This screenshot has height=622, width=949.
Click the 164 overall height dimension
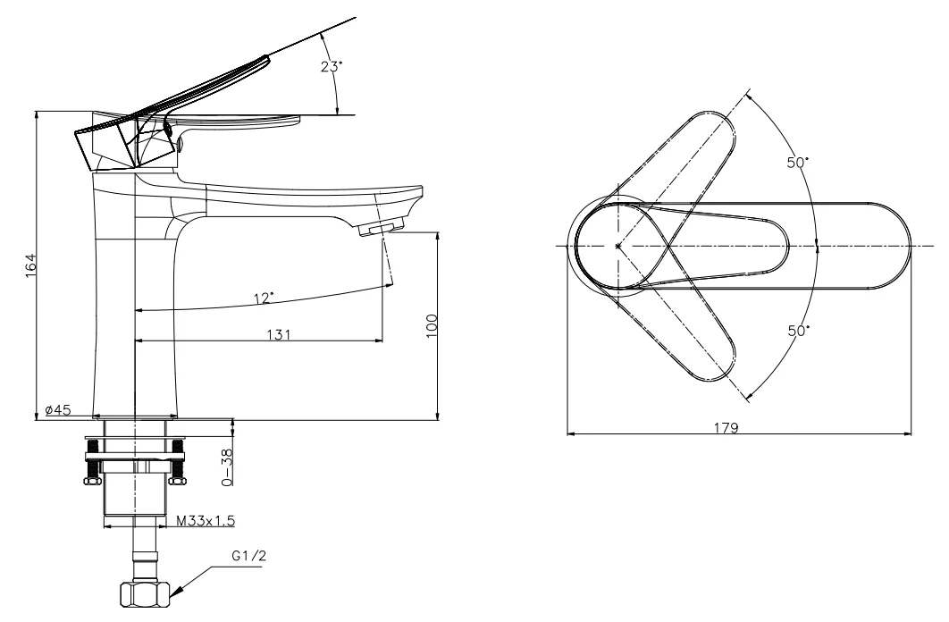(31, 265)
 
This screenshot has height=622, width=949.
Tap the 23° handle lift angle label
(332, 66)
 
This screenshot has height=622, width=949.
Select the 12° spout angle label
(264, 298)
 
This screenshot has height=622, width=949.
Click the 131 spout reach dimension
(279, 334)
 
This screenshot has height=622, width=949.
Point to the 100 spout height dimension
(432, 325)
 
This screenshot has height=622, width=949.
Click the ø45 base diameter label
(58, 409)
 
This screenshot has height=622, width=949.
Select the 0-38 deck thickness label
(227, 466)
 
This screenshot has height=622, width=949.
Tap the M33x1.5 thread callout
(206, 520)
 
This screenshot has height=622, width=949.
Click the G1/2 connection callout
(248, 556)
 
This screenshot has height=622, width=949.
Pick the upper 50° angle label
(798, 162)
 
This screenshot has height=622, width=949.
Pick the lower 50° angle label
(798, 331)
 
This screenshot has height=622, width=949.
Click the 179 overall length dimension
(726, 427)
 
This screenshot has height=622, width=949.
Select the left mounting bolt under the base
(92, 461)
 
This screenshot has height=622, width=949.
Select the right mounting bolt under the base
(178, 461)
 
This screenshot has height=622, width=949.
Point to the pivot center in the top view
(617, 246)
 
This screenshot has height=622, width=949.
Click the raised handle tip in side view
(265, 58)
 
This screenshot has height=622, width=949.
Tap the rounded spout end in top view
(902, 246)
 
